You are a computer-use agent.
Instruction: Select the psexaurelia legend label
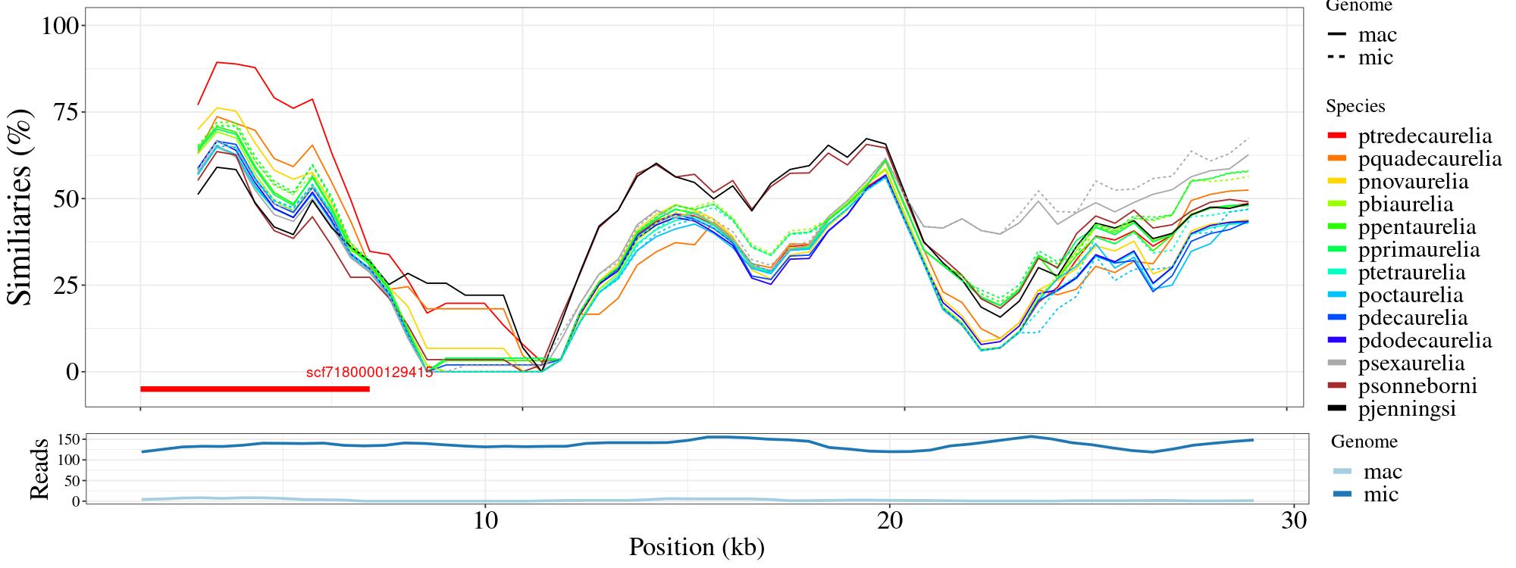tap(1411, 364)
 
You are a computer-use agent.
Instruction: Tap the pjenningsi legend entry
tap(1406, 409)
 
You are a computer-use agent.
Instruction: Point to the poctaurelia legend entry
tap(1410, 295)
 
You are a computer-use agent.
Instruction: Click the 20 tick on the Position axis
tap(890, 522)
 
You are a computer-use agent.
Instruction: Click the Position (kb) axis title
tap(696, 547)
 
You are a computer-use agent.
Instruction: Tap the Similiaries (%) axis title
tap(20, 207)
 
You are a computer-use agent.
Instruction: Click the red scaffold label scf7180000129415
tap(369, 373)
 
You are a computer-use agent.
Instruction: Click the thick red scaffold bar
tap(255, 389)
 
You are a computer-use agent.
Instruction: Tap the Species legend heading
tap(1355, 107)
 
